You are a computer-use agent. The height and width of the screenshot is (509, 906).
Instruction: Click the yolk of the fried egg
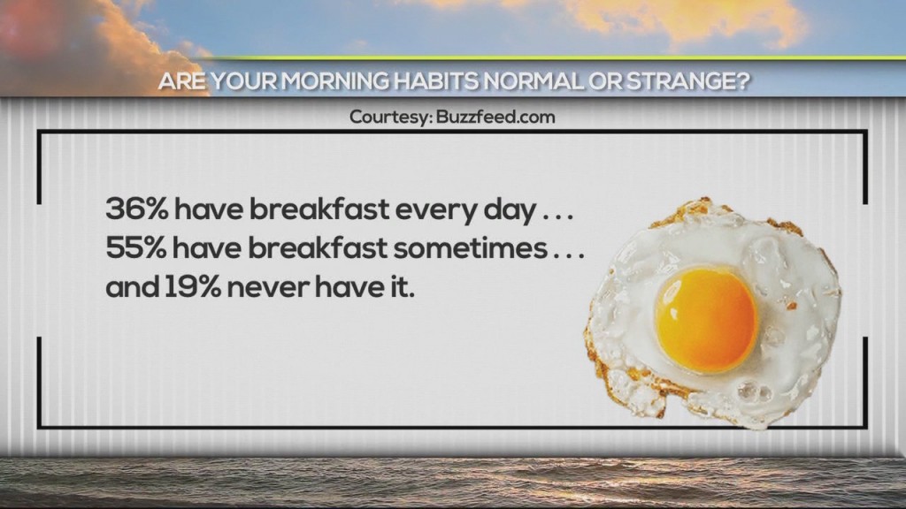tap(705, 320)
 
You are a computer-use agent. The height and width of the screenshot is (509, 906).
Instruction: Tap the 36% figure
tap(136, 209)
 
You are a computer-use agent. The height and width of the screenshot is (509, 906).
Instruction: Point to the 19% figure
tap(192, 287)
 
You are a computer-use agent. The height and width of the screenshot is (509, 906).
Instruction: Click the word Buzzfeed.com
tap(495, 118)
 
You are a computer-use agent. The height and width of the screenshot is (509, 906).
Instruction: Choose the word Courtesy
tap(390, 118)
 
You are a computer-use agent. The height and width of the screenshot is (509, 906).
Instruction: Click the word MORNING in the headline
tap(335, 81)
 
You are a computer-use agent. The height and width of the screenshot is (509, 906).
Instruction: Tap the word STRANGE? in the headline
tap(688, 81)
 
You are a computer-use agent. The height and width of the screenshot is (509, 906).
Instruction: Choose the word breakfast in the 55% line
tap(318, 248)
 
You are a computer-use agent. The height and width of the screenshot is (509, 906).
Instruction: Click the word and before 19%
tap(133, 287)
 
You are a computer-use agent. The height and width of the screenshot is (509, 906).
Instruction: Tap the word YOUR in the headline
tap(243, 81)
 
